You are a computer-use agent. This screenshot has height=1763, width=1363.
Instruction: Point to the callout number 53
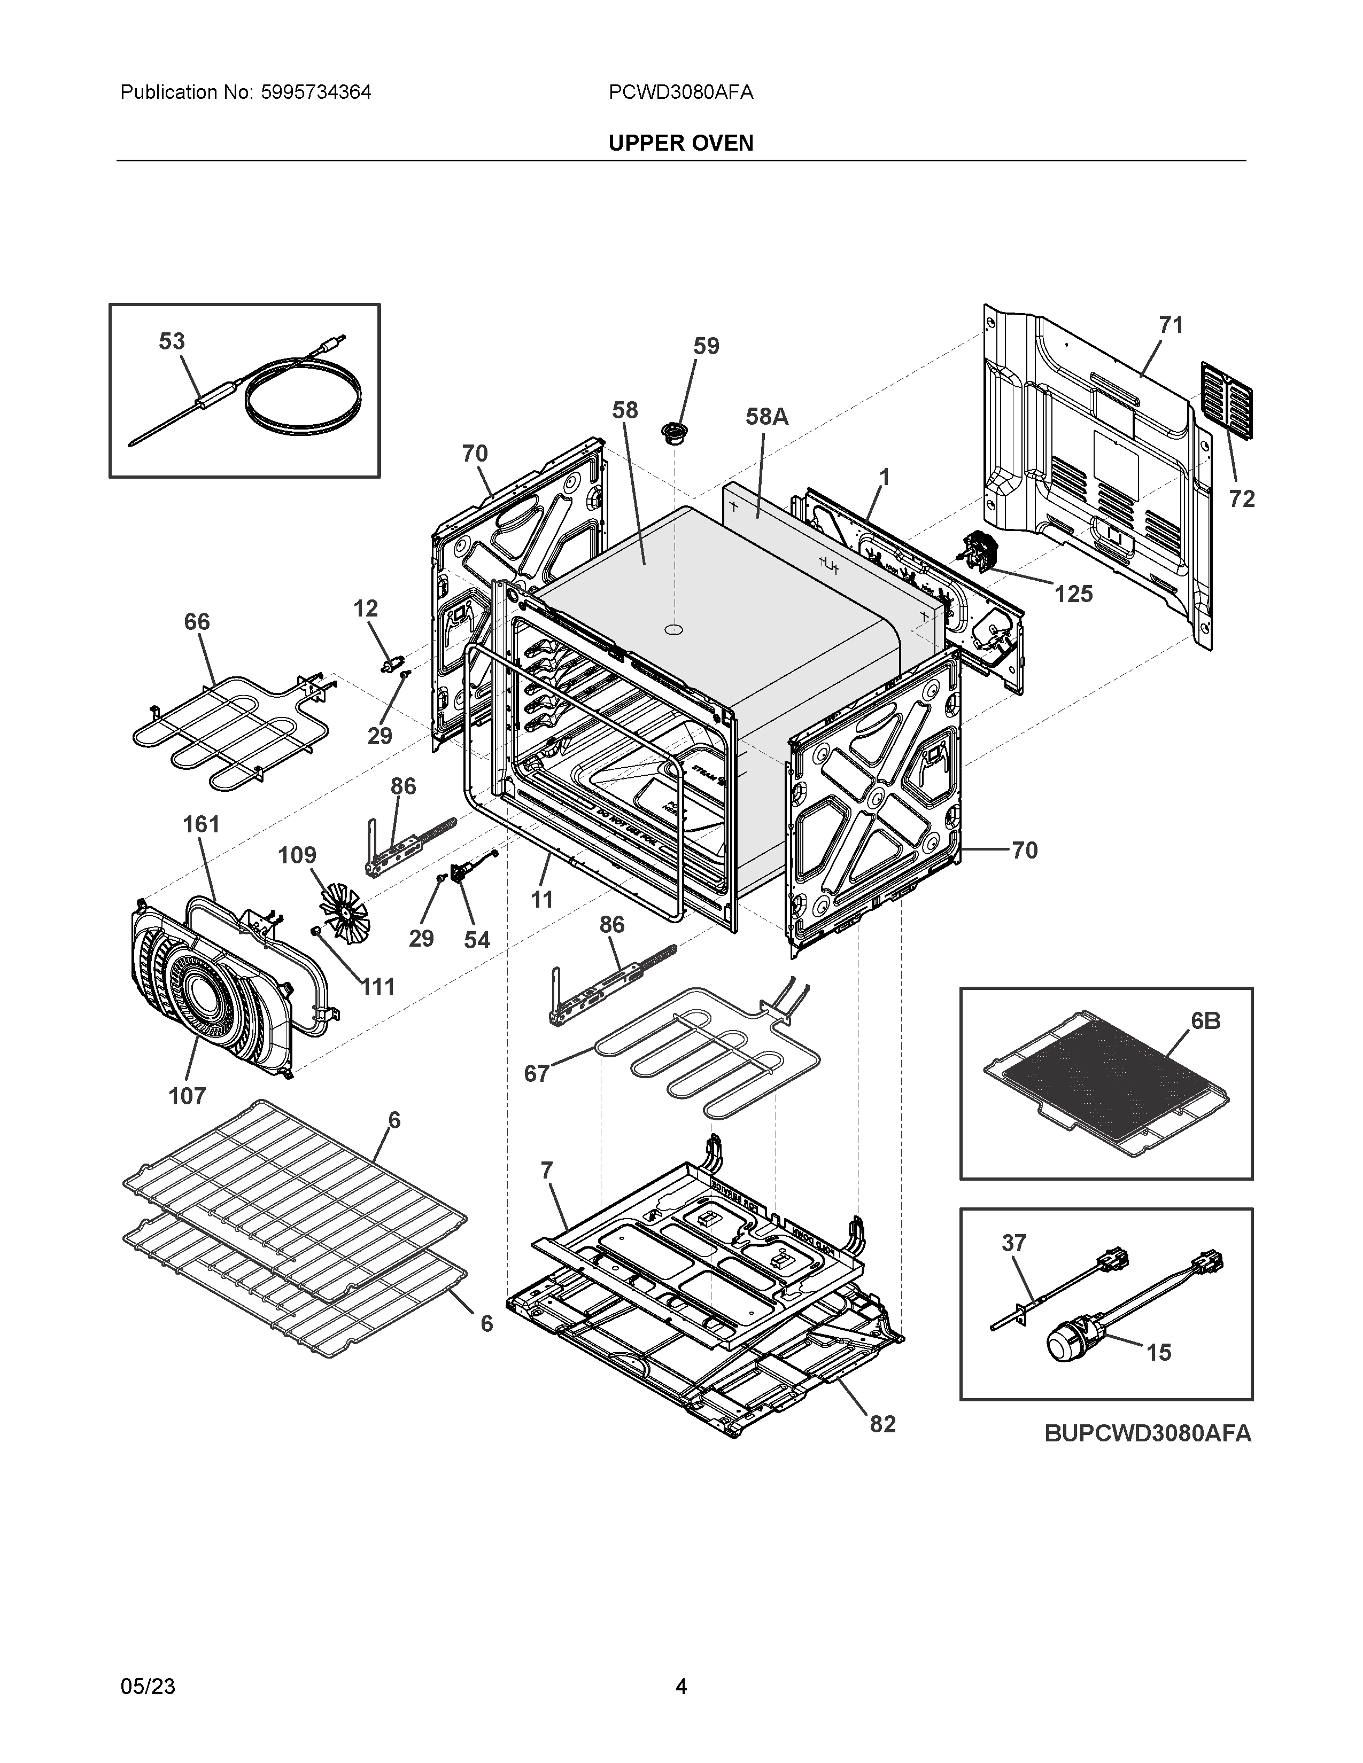click(x=171, y=341)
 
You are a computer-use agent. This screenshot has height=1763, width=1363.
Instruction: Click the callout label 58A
click(x=766, y=417)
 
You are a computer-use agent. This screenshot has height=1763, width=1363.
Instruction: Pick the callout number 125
click(x=1073, y=594)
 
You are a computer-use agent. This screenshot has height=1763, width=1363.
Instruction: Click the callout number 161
click(x=201, y=824)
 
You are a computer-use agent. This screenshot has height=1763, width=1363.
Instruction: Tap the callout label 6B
click(x=1205, y=1021)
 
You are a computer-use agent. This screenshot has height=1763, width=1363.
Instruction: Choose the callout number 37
click(x=1013, y=1243)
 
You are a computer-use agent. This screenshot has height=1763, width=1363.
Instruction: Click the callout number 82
click(x=882, y=1424)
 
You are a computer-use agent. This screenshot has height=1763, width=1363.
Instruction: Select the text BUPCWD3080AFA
click(x=1148, y=1433)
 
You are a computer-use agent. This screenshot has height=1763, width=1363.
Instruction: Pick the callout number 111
click(x=378, y=986)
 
